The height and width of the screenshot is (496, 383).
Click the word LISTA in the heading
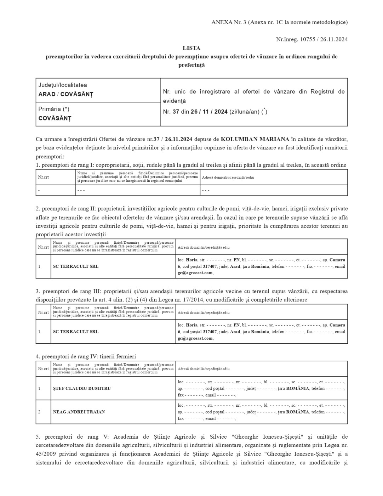click(191, 48)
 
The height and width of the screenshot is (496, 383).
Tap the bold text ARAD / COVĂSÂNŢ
click(65, 94)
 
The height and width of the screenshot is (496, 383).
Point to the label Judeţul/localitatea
click(63, 85)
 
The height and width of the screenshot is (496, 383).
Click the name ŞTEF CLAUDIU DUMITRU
click(82, 388)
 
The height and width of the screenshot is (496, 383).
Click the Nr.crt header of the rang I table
click(44, 177)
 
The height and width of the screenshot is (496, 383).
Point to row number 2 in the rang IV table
click(39, 412)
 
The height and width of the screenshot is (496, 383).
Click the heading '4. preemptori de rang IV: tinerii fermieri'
click(86, 356)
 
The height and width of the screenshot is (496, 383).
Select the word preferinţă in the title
click(191, 65)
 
